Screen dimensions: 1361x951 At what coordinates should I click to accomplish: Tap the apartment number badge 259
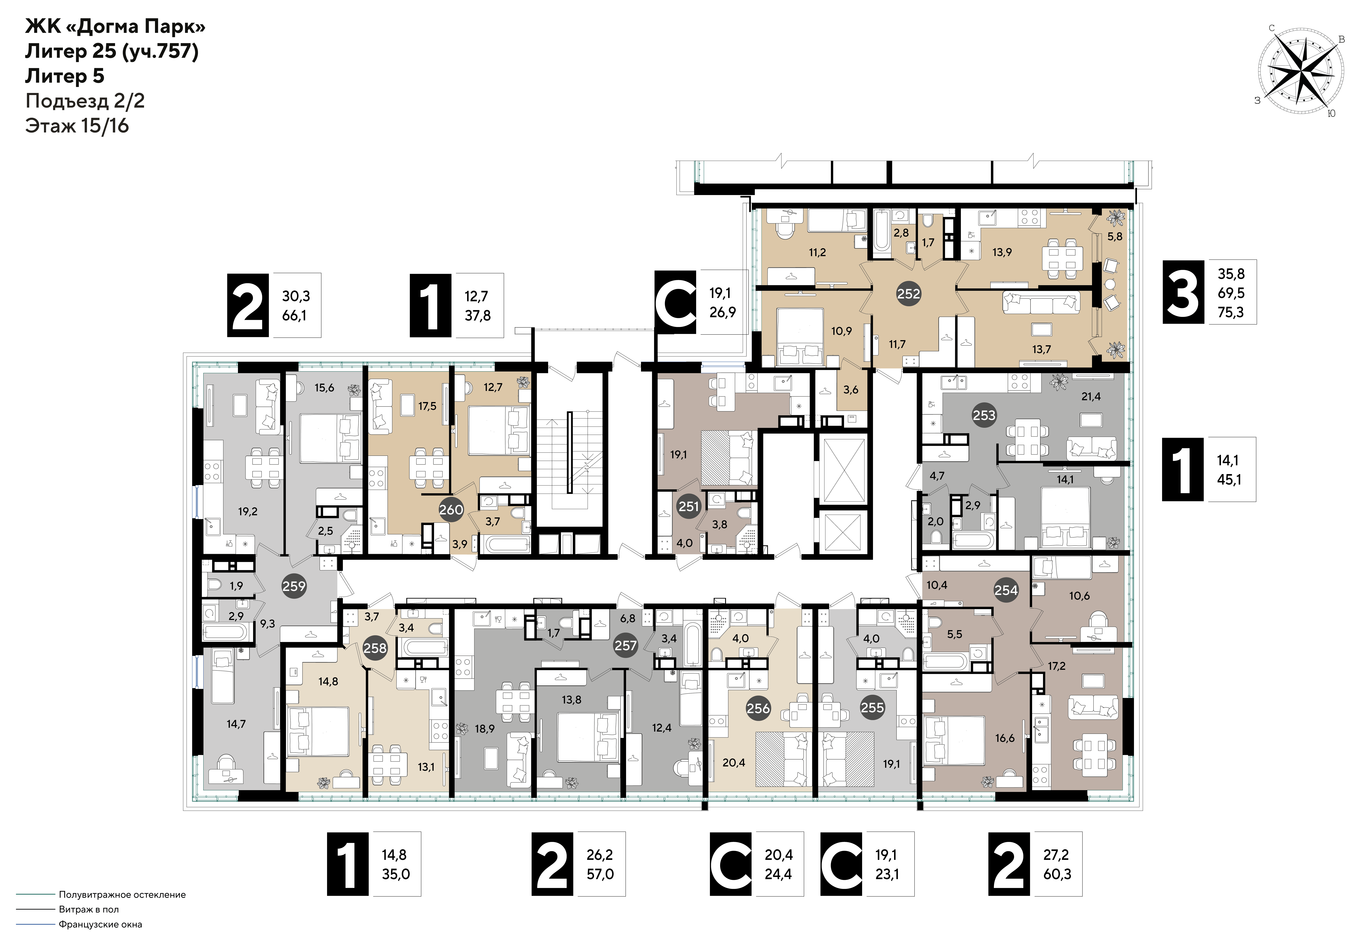pyautogui.click(x=294, y=586)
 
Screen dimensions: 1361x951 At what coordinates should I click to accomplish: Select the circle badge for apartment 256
pyautogui.click(x=758, y=708)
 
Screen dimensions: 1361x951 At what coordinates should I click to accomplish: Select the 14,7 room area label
pyautogui.click(x=236, y=724)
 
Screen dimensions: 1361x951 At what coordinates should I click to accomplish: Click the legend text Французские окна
pyautogui.click(x=100, y=924)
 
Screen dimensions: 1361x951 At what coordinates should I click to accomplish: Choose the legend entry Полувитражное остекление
pyautogui.click(x=122, y=895)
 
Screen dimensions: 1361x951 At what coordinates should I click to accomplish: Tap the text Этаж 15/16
pyautogui.click(x=77, y=126)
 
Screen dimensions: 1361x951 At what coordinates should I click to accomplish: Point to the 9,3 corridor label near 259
pyautogui.click(x=267, y=624)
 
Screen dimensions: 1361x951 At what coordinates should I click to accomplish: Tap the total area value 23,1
pyautogui.click(x=887, y=874)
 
